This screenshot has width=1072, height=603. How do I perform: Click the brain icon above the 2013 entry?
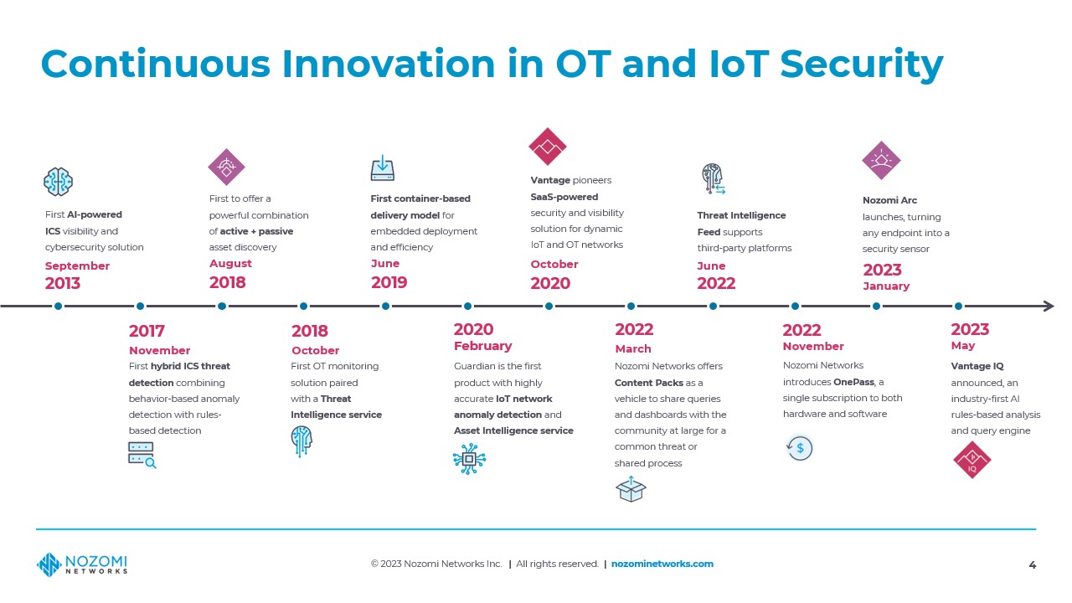coord(58,182)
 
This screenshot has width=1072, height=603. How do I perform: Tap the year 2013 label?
coord(63,283)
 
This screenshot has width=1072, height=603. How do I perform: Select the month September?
coord(77,266)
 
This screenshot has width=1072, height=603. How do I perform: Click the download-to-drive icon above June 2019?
coord(383,167)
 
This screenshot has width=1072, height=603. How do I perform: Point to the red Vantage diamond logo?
coord(548,147)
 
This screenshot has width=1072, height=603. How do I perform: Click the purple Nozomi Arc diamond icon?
coord(881,160)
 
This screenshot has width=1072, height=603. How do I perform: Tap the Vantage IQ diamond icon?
coord(972,460)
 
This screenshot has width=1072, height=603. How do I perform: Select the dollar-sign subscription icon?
coord(800,448)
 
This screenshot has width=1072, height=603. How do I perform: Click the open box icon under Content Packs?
coord(631,489)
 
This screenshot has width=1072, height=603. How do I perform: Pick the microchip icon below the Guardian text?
coord(469,459)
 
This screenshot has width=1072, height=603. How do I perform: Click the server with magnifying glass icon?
coord(142,455)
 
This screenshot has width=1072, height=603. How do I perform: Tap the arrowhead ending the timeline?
coord(1048,307)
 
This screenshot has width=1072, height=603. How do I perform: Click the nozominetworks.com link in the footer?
coord(662,564)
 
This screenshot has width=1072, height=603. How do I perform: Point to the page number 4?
coord(1033,565)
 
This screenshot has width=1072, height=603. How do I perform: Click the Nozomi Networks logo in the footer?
coord(82,564)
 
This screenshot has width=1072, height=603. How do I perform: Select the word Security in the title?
coord(862,64)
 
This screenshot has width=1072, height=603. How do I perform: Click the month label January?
coord(886,286)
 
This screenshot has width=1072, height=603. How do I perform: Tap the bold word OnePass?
coord(853,382)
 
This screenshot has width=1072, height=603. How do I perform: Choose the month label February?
coord(483,346)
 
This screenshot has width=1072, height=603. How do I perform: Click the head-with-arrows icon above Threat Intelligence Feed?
coord(713,178)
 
